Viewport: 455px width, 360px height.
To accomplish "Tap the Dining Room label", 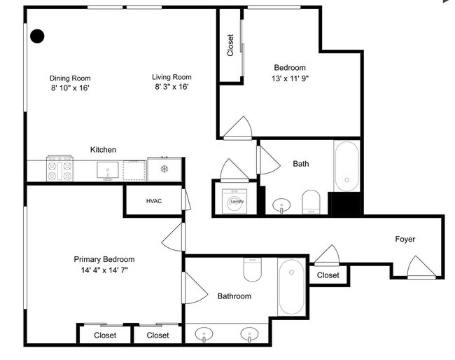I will coord(70,78).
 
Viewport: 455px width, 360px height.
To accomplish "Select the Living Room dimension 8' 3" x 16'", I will coord(171,87).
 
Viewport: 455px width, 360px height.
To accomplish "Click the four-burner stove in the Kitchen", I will coord(60,169).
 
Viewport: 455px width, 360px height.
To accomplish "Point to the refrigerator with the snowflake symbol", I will coord(164,169).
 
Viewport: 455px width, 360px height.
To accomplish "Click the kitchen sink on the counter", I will coord(107,169).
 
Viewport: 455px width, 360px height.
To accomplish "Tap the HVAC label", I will coord(154,201).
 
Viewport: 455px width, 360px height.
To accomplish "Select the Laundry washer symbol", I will coord(237,200).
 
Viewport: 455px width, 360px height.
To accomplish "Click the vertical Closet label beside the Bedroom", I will coord(230,46).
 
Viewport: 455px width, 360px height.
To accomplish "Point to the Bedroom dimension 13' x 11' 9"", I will coord(290,78).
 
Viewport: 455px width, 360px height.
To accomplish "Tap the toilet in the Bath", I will coord(311,202).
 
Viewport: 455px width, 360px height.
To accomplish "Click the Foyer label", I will coord(405,240).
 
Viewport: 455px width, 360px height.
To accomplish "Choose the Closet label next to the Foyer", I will coord(328,275).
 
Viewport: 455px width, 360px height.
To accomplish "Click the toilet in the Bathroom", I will coord(253,269).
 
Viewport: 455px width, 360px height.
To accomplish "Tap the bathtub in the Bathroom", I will coord(290,288).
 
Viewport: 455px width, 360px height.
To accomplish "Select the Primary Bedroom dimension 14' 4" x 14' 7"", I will coord(104,269).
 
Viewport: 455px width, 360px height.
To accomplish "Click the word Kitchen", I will coord(103,149).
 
